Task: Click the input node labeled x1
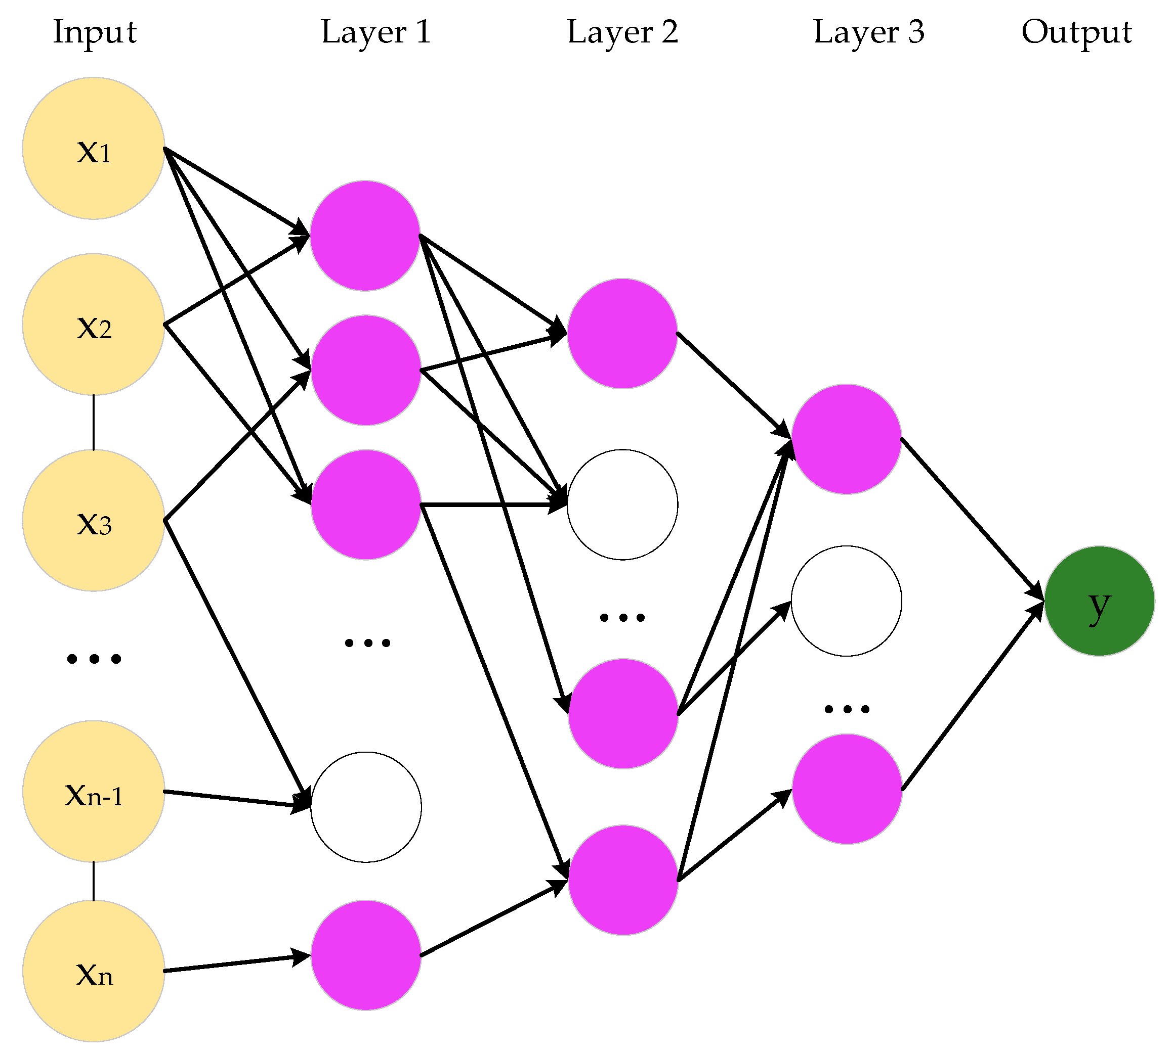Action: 94,148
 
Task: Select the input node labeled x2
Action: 94,324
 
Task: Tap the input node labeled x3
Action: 94,520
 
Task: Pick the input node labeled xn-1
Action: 94,791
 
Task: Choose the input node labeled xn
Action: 94,971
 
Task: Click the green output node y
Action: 1099,601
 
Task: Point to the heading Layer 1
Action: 376,32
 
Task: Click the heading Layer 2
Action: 622,32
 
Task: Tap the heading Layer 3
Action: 868,32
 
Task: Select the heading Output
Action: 1076,32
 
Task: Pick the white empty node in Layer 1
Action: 366,807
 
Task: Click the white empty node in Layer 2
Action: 622,504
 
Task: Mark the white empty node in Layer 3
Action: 846,601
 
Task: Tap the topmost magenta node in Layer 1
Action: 365,235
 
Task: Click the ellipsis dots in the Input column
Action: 94,659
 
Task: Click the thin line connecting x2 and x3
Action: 94,422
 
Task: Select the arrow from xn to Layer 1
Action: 237,963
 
